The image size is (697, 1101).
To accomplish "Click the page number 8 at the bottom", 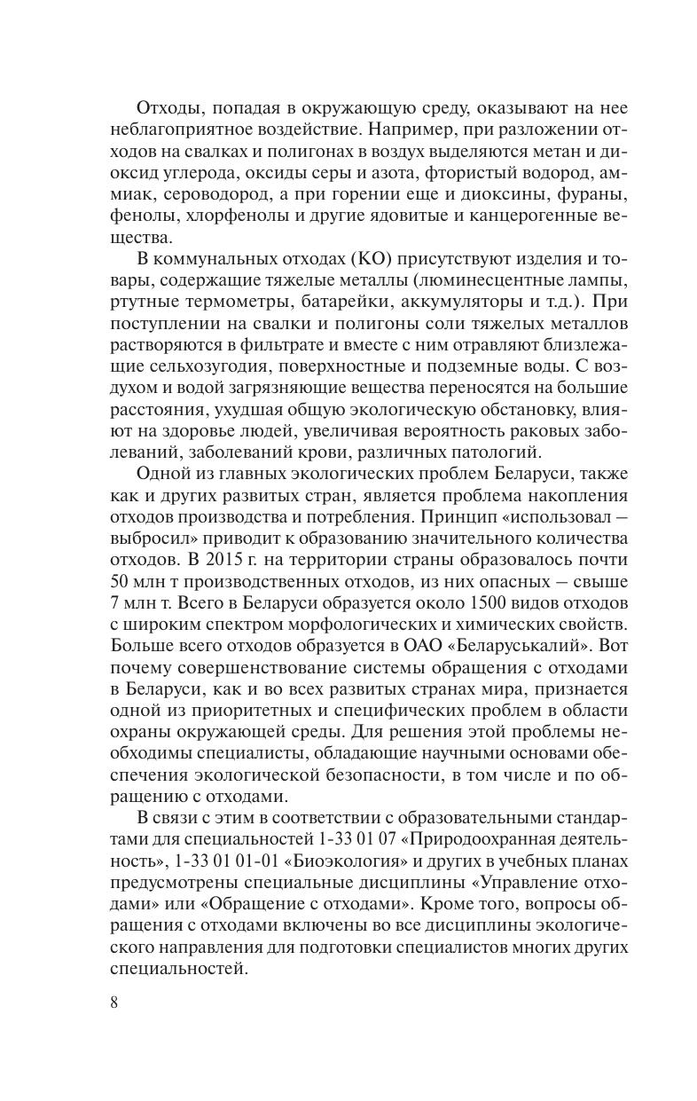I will [x=114, y=1003].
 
